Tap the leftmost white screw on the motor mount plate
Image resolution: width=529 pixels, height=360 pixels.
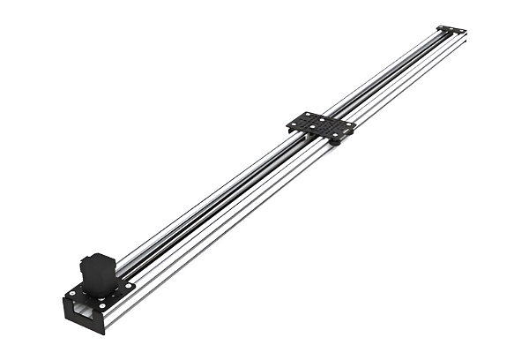71,294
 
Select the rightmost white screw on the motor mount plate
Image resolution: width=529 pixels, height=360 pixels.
128,285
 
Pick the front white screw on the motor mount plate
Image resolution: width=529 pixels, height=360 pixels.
101,305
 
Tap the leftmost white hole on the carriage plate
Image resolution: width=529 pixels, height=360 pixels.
294,124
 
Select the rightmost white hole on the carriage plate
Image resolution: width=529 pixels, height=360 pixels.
348,124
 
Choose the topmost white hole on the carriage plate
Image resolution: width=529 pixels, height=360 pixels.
308,114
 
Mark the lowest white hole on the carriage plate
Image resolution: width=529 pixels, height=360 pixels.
335,135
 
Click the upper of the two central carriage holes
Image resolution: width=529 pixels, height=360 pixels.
322,120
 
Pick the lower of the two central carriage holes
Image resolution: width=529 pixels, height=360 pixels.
312,126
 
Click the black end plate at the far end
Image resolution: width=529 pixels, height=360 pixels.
451,30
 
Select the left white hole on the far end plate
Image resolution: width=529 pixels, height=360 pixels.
441,26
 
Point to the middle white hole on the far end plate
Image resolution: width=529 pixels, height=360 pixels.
451,29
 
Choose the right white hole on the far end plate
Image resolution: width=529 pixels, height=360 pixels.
462,31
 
